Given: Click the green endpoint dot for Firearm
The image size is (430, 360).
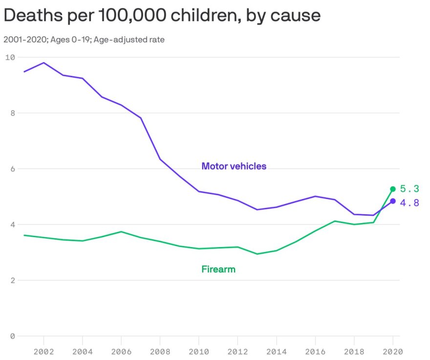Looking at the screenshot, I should click(x=393, y=189).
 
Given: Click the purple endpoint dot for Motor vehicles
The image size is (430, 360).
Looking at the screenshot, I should click(x=393, y=201).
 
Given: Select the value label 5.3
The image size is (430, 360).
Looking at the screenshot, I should click(x=409, y=189).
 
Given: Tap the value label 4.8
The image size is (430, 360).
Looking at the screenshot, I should click(x=409, y=202).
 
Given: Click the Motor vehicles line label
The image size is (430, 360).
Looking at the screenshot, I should click(x=234, y=166).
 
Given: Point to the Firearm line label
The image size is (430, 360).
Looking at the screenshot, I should click(x=218, y=269).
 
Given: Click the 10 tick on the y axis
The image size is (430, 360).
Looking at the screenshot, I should click(x=10, y=57).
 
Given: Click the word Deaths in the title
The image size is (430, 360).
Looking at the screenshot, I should click(x=29, y=16).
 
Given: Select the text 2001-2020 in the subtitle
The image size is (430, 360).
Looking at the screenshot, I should click(x=25, y=40).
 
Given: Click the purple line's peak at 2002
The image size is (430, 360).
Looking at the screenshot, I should click(x=44, y=63).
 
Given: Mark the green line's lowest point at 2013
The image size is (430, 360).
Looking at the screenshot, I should click(x=257, y=254).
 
